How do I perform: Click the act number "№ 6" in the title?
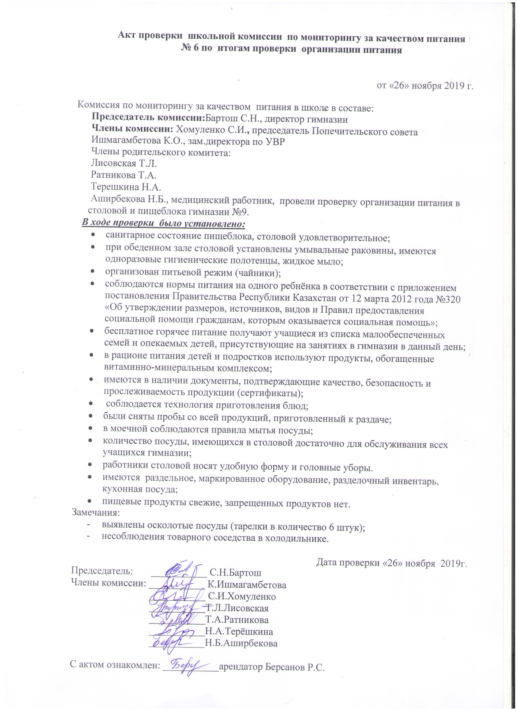190,50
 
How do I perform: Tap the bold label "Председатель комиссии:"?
148,119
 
